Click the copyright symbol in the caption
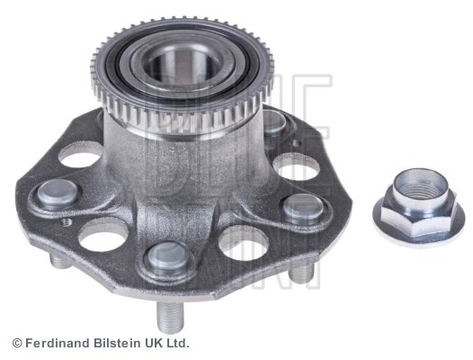coord(18,343)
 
